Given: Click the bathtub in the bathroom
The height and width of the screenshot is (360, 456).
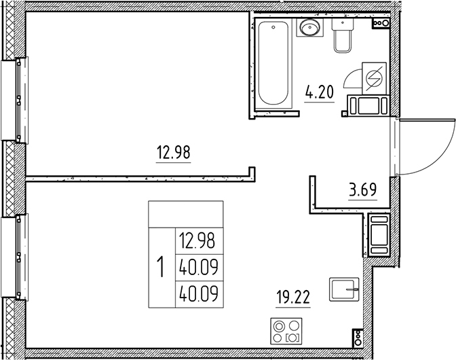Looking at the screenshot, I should (x=274, y=62).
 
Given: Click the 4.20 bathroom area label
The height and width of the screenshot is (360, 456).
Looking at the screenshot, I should (x=320, y=92).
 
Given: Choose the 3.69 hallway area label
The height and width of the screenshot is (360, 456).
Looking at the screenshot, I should (x=362, y=190).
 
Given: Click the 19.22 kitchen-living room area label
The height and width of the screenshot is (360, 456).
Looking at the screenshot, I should (x=294, y=298).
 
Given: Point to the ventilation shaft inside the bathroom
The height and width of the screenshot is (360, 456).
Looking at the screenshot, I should (x=367, y=106).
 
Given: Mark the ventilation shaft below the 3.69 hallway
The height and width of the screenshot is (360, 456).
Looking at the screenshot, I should (x=377, y=234).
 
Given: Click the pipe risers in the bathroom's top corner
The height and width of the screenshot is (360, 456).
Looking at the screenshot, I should (x=381, y=23).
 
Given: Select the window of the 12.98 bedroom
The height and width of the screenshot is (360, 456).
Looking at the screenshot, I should (x=16, y=98).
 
